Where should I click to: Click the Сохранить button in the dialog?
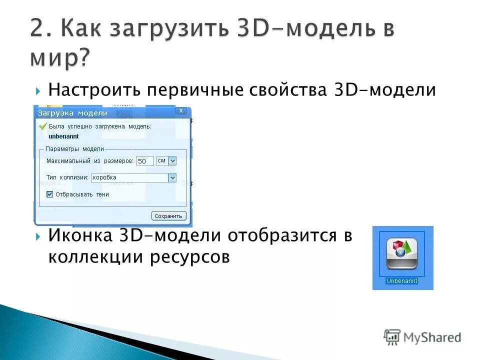(x=169, y=216)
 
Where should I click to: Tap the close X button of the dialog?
(x=181, y=110)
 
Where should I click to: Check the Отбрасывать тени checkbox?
(x=49, y=194)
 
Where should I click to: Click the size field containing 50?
(x=145, y=161)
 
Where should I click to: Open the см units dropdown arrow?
(x=172, y=161)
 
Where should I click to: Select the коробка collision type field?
(x=129, y=177)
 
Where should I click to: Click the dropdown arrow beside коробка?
(x=172, y=177)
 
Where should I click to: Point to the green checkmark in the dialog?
(x=43, y=126)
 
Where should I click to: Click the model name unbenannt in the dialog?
(x=63, y=136)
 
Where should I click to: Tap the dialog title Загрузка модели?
(x=73, y=113)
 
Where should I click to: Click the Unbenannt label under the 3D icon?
(x=401, y=281)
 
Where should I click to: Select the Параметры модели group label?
(x=74, y=148)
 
